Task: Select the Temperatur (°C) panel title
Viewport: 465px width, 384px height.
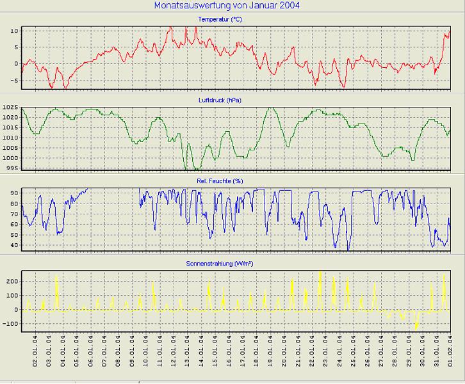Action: pos(220,20)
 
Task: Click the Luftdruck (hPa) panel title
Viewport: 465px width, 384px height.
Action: pos(220,100)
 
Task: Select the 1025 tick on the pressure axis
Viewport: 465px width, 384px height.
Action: pos(10,108)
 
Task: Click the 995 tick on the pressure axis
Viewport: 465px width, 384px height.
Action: pos(12,168)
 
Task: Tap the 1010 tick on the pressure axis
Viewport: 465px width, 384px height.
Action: pos(10,138)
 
